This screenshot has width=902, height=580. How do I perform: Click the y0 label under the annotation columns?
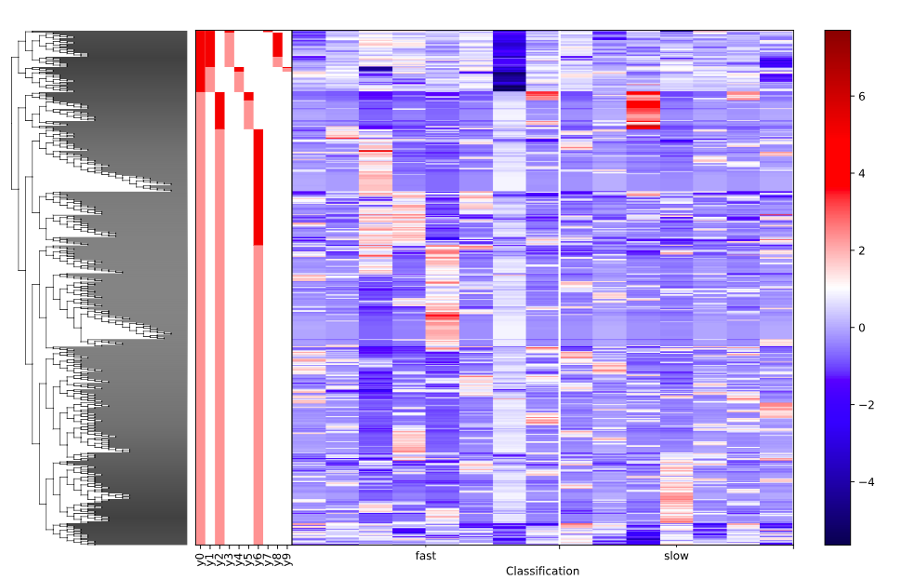[x=200, y=559]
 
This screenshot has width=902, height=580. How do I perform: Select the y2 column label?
[x=219, y=559]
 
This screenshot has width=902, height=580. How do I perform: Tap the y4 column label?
[x=239, y=559]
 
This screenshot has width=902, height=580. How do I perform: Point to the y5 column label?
[x=248, y=559]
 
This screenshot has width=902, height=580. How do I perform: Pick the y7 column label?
[x=268, y=559]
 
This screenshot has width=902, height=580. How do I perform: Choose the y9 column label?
[x=287, y=559]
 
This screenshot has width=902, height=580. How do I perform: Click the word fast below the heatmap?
[x=426, y=556]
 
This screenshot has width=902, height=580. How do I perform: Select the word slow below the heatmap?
[x=676, y=556]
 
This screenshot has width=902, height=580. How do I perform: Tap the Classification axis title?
[x=542, y=571]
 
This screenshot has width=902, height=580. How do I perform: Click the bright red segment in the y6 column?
[x=259, y=186]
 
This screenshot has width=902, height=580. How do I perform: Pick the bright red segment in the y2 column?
[x=219, y=111]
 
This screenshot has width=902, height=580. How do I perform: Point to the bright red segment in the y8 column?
[x=277, y=44]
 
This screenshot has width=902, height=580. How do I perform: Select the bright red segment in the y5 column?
[x=248, y=96]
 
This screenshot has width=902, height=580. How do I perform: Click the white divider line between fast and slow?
[x=560, y=279]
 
